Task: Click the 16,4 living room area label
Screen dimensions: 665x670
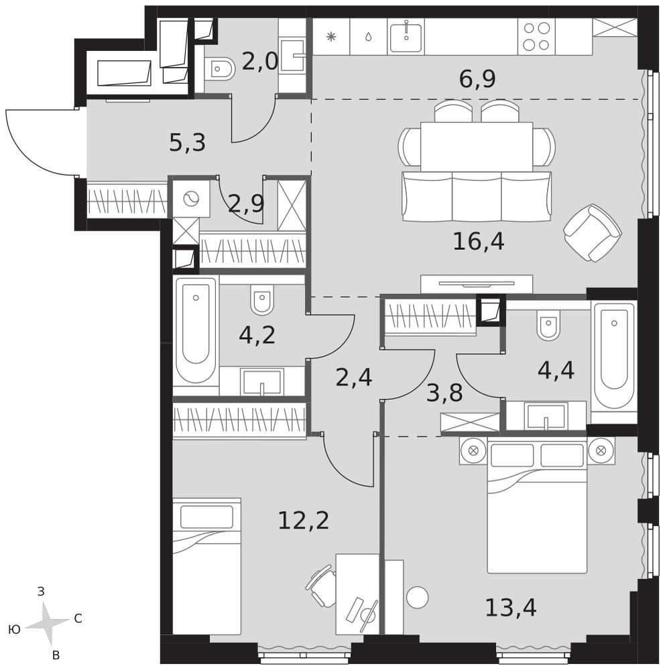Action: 479,242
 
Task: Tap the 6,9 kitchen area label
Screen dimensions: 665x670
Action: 477,79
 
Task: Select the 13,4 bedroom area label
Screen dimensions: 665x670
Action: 511,608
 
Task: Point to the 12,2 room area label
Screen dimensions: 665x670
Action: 304,521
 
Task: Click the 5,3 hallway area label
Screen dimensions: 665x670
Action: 188,143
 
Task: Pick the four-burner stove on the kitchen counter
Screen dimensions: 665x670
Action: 537,37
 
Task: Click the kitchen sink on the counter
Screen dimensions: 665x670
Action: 406,37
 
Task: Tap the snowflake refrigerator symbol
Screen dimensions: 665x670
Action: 331,37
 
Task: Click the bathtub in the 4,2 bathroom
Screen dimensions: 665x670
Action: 196,331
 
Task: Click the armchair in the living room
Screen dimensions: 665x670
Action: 593,233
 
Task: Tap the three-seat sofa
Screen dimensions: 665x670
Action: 477,196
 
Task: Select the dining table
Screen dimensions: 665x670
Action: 477,146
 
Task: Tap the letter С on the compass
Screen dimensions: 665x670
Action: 78,618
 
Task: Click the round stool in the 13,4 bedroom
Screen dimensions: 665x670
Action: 418,598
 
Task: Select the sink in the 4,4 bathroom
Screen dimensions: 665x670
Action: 546,416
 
